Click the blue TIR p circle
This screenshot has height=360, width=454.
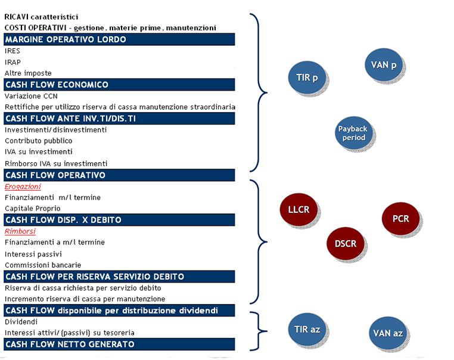pos(307,77)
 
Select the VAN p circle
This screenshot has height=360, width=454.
pos(384,64)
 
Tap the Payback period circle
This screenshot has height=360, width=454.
pos(353,133)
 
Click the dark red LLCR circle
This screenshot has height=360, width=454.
pos(299,209)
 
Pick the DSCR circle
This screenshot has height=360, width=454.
pos(346,244)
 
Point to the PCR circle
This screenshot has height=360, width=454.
pos(401,218)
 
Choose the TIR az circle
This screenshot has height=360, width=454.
pos(307,329)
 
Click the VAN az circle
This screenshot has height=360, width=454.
pos(388,333)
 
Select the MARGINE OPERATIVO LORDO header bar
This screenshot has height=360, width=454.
pos(119,39)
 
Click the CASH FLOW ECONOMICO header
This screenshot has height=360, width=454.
pos(119,85)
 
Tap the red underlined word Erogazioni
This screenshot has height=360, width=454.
pos(23,187)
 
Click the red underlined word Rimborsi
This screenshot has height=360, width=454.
pos(20,231)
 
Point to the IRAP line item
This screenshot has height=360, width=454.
pos(13,62)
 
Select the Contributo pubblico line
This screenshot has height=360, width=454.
pos(39,141)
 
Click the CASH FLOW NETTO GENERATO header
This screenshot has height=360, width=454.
pos(119,344)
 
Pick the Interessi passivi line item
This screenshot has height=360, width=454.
pos(33,254)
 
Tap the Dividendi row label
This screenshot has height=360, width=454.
pos(21,322)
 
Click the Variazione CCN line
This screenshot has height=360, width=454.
pos(31,96)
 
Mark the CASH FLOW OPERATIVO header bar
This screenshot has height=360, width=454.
pos(119,175)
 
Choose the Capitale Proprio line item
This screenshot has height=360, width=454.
pos(33,209)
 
